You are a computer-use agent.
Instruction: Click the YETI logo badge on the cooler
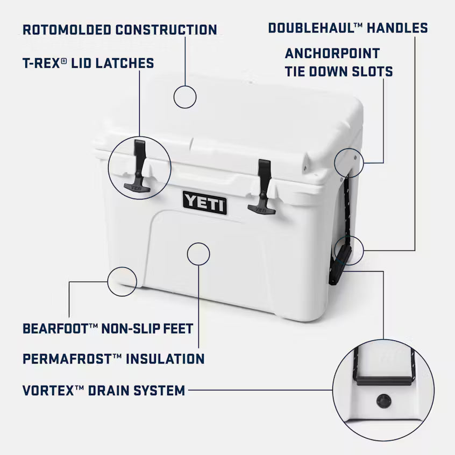[x=204, y=202]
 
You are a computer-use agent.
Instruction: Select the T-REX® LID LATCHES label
[x=88, y=63]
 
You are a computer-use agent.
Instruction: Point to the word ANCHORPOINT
[x=332, y=53]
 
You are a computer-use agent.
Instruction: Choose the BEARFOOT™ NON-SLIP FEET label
[x=108, y=328]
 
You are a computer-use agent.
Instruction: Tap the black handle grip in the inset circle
[x=384, y=379]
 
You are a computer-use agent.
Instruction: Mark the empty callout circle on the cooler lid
[x=184, y=97]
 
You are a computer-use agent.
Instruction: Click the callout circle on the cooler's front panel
[x=198, y=253]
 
